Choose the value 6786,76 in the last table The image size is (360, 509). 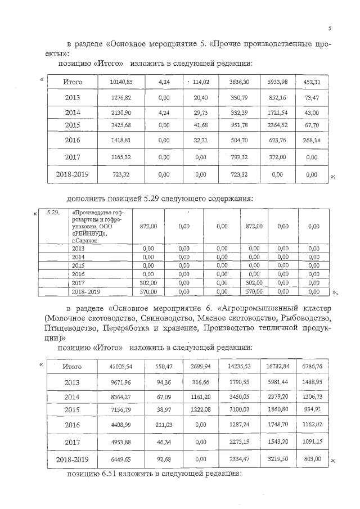click(x=312, y=367)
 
